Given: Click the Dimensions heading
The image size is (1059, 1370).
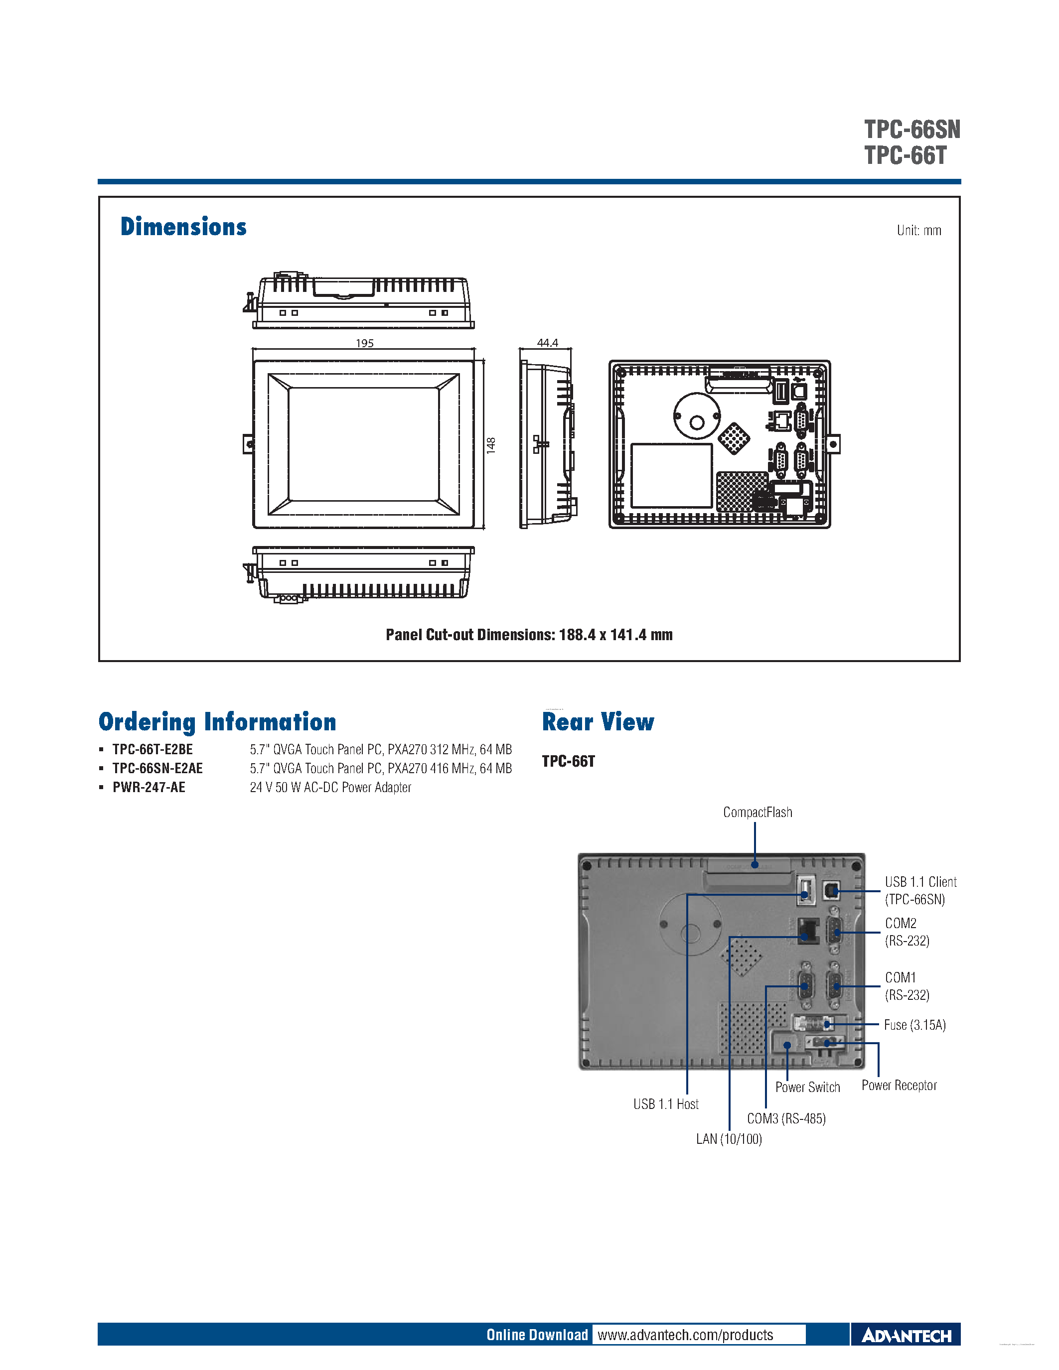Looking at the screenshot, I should click(x=183, y=227).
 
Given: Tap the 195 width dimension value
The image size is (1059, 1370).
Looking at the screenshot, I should click(x=364, y=343).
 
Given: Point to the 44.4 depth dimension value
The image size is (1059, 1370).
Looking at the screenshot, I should click(x=547, y=343).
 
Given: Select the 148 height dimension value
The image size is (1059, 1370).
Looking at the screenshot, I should click(x=490, y=445).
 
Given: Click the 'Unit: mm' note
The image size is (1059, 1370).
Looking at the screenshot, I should click(x=918, y=230).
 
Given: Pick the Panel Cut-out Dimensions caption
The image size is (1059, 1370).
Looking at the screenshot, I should click(x=529, y=635).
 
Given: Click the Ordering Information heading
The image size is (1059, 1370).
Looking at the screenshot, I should click(x=217, y=721).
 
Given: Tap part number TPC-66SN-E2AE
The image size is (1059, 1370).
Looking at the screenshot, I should click(x=157, y=768).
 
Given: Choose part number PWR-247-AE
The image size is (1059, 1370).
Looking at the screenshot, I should click(x=149, y=787).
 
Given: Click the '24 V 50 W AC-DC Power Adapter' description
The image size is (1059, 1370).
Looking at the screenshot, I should click(x=330, y=787).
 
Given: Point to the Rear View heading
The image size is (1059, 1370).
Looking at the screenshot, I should click(x=598, y=721).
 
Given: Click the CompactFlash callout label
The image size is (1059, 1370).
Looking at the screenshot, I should click(x=757, y=813).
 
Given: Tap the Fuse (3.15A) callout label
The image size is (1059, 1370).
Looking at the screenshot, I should click(x=914, y=1025).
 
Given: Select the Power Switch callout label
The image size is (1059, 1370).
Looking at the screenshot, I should click(x=807, y=1087).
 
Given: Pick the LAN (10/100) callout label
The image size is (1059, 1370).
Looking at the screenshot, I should click(x=729, y=1138).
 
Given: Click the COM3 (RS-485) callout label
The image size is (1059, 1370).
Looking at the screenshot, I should click(x=786, y=1118).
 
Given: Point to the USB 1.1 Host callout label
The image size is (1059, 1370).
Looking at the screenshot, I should click(x=666, y=1104).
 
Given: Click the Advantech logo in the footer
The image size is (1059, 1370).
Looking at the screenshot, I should click(x=906, y=1336).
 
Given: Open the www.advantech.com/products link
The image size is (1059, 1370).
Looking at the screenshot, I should click(x=685, y=1335).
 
